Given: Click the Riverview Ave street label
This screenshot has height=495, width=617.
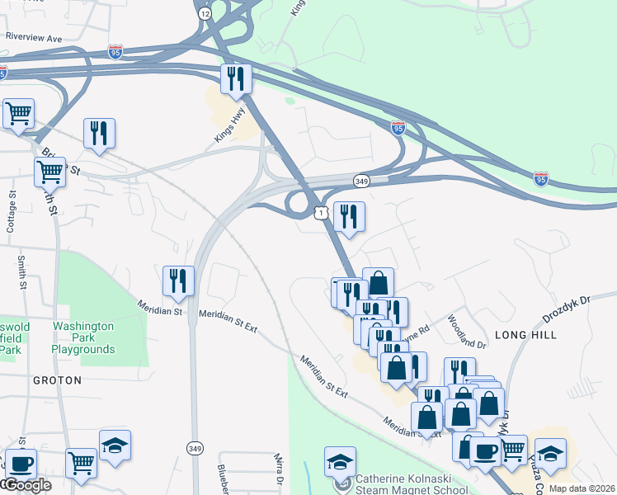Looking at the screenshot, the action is pyautogui.click(x=34, y=38).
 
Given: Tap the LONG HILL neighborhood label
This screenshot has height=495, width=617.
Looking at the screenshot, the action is pyautogui.click(x=525, y=335).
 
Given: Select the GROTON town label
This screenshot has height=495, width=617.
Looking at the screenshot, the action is pyautogui.click(x=57, y=380).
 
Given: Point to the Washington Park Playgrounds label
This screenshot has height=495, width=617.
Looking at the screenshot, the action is pyautogui.click(x=83, y=337).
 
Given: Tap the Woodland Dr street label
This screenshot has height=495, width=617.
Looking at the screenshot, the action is pyautogui.click(x=467, y=330).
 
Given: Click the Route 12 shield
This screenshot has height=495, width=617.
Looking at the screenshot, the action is pyautogui.click(x=205, y=13).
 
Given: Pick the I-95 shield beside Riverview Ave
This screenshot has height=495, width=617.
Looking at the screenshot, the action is pyautogui.click(x=115, y=51).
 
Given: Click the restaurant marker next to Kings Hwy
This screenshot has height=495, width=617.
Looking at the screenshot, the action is pyautogui.click(x=236, y=79).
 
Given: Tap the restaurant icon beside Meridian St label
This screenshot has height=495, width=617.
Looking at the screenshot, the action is pyautogui.click(x=178, y=280).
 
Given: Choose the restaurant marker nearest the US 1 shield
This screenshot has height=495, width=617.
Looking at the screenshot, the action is pyautogui.click(x=349, y=216).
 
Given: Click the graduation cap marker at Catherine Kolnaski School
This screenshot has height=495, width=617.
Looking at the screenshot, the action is pyautogui.click(x=340, y=461).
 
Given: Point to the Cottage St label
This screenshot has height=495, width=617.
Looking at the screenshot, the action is pyautogui.click(x=12, y=214).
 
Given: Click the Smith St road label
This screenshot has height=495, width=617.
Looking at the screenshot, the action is pyautogui.click(x=21, y=272).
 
